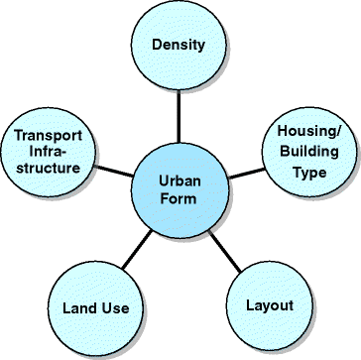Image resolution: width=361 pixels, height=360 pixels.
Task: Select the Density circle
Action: point(179,47)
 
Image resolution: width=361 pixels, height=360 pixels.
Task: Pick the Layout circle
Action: point(270,304)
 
